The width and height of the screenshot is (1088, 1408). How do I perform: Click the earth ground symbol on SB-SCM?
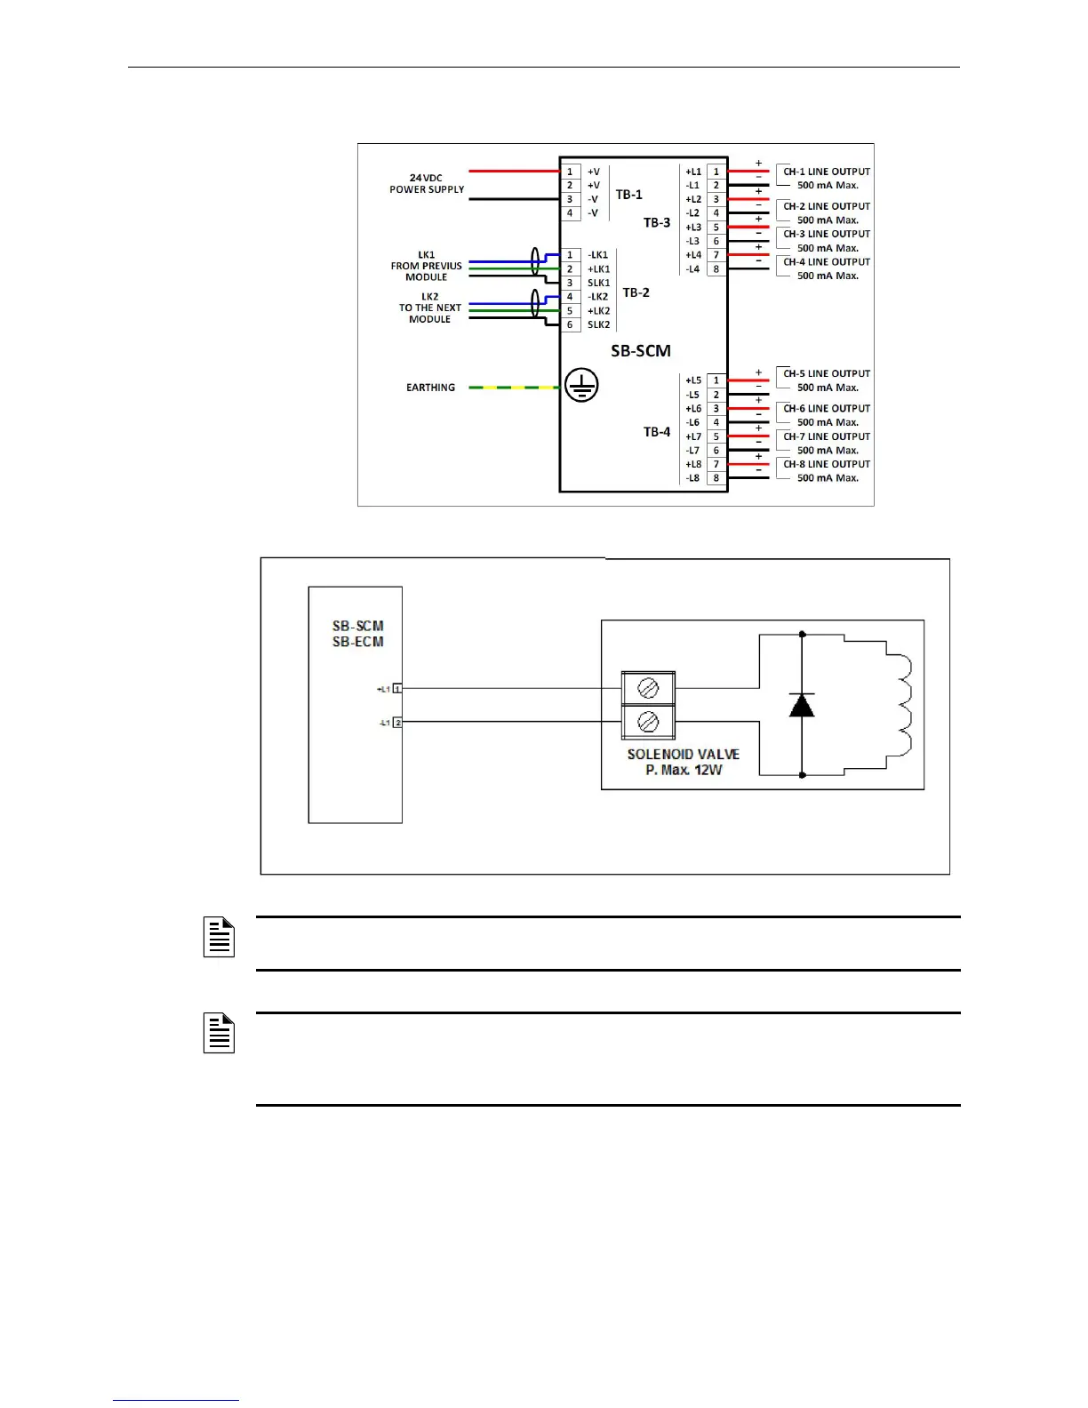coord(581,386)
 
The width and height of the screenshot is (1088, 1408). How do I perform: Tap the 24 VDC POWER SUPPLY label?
coord(427,184)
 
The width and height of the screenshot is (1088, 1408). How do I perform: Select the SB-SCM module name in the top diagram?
coord(640,351)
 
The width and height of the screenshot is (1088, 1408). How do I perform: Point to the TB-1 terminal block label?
coord(628,195)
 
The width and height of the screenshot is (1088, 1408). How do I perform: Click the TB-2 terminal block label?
coord(636,292)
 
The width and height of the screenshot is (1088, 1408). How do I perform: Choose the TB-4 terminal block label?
coord(657,432)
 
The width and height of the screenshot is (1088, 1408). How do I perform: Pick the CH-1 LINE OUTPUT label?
coord(826,172)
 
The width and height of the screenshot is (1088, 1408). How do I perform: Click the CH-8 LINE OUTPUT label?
coord(826,464)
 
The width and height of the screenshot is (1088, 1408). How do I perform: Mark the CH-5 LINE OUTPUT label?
coord(826,373)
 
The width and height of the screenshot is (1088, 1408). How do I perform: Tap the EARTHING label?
coord(430,388)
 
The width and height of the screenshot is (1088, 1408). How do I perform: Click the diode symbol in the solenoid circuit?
coord(802,705)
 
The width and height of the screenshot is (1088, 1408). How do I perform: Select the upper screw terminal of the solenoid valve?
coord(648,688)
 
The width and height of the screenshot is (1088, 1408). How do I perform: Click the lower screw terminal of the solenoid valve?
coord(648,722)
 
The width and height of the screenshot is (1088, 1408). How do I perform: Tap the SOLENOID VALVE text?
coord(683,755)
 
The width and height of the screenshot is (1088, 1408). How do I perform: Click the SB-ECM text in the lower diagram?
coord(357,642)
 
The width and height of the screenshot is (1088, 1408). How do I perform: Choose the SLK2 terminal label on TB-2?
coord(598,325)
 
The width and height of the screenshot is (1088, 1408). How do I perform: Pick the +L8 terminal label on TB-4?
coord(693,464)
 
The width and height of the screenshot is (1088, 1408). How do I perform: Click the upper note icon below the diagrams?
coord(219,938)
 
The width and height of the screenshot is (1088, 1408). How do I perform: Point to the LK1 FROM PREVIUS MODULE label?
coord(427,266)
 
